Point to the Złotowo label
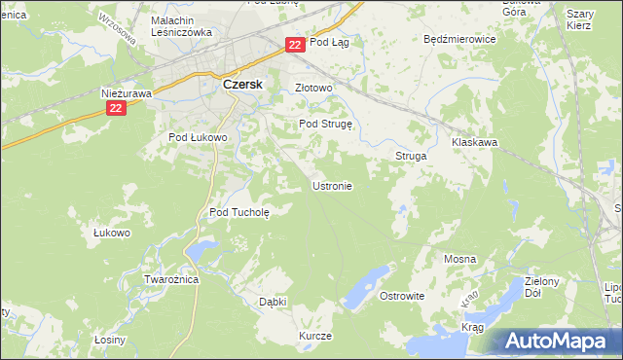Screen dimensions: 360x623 (313, 88)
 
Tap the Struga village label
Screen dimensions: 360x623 (411, 156)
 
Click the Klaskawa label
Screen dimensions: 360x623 (474, 142)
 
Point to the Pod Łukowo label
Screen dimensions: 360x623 (198, 138)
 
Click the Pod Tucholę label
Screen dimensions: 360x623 (238, 211)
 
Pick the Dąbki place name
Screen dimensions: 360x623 (273, 302)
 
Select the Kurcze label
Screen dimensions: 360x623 (315, 336)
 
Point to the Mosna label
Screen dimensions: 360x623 (458, 260)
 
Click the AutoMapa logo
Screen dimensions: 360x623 (558, 341)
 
